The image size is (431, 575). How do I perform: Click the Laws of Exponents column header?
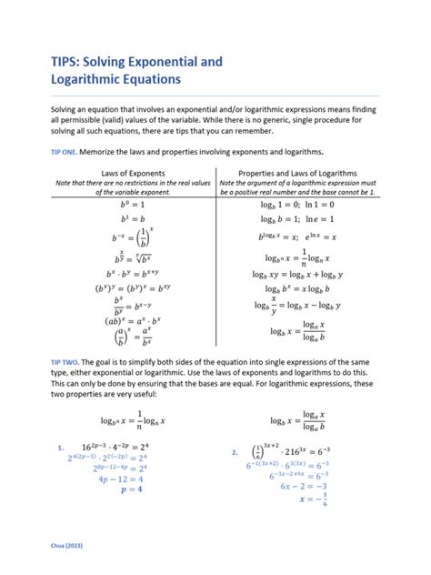point(120,173)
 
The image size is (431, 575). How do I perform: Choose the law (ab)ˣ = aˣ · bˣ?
point(120,320)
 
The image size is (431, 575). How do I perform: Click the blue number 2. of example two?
point(235,451)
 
